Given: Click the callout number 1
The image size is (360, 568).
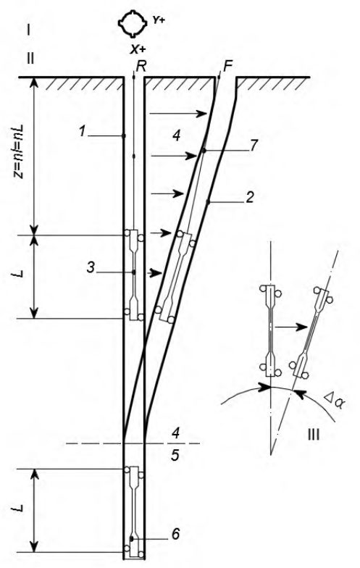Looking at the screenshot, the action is pyautogui.click(x=83, y=132).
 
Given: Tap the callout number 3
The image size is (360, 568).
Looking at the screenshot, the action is pyautogui.click(x=91, y=268).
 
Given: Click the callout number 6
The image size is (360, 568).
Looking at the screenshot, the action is pyautogui.click(x=175, y=533).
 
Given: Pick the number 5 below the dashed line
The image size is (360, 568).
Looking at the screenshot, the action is pyautogui.click(x=175, y=455).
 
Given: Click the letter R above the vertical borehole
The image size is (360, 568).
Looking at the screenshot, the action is pyautogui.click(x=141, y=67).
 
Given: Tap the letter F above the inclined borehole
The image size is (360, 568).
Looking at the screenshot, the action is pyautogui.click(x=227, y=67).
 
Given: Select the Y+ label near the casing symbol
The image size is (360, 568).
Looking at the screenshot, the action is pyautogui.click(x=158, y=20).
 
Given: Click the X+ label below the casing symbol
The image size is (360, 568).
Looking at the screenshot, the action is pyautogui.click(x=138, y=49).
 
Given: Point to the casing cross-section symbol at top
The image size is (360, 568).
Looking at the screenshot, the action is pyautogui.click(x=133, y=24).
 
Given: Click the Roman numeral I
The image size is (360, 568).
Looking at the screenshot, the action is pyautogui.click(x=28, y=30).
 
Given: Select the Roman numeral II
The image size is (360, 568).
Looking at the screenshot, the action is pyautogui.click(x=30, y=58).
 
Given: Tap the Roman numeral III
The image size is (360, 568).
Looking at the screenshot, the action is pyautogui.click(x=313, y=435).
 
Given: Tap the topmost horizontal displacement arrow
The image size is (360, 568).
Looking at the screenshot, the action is pyautogui.click(x=178, y=114).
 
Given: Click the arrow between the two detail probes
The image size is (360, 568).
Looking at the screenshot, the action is pyautogui.click(x=291, y=327).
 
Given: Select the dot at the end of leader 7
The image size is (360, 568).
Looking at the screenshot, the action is pyautogui.click(x=204, y=151).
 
